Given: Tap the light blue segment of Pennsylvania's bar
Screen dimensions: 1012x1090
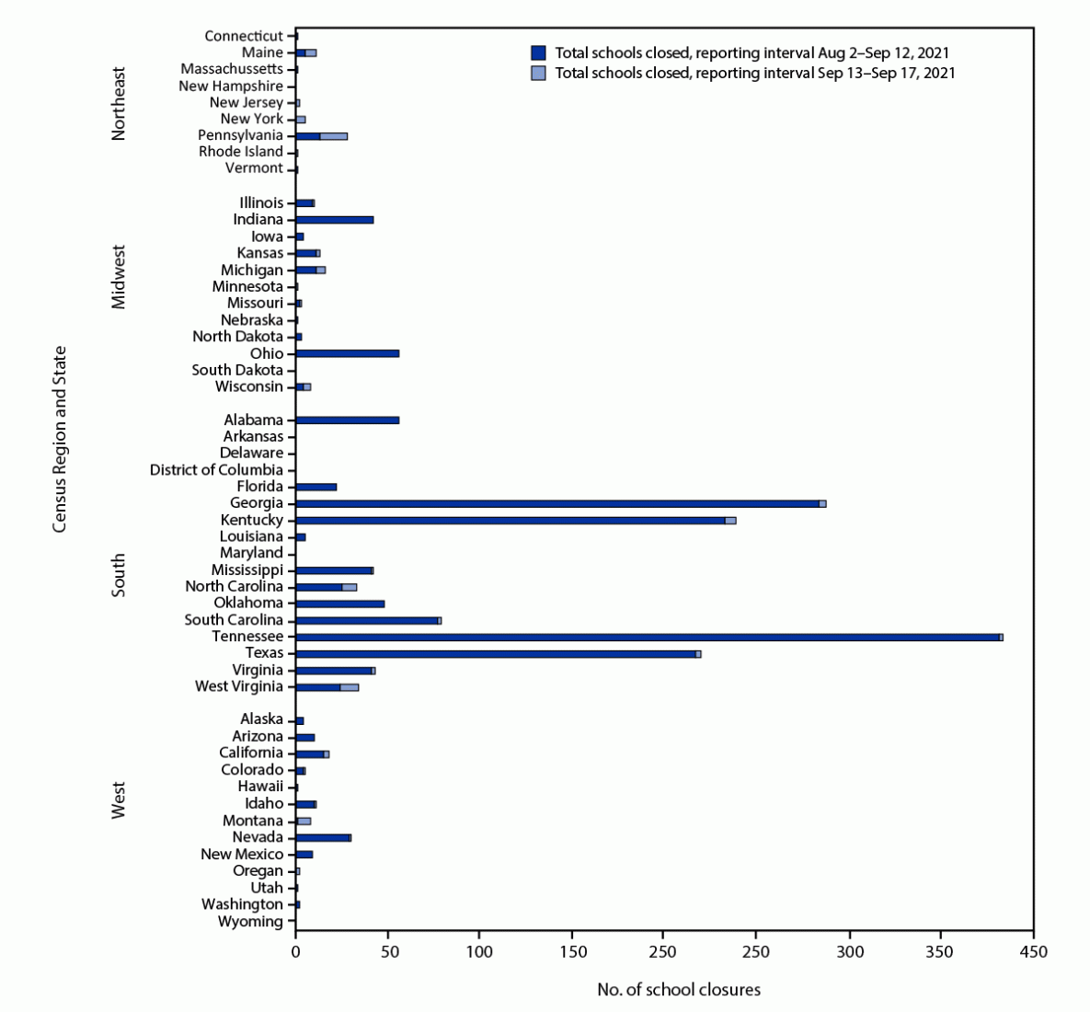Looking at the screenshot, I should pyautogui.click(x=334, y=135).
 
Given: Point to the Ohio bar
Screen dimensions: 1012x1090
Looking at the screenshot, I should pyautogui.click(x=347, y=353).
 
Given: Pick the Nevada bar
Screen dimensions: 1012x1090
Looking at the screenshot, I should pyautogui.click(x=322, y=837).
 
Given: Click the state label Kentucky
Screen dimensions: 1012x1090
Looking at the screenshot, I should pyautogui.click(x=252, y=520).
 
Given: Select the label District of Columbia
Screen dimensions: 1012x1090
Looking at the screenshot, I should pyautogui.click(x=216, y=470).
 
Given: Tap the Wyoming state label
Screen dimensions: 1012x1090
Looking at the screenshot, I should pyautogui.click(x=250, y=921).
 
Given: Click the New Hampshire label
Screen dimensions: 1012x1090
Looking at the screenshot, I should pyautogui.click(x=231, y=86).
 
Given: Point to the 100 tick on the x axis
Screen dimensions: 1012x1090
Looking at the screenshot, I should pyautogui.click(x=479, y=949).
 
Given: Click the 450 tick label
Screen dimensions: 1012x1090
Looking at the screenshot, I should pyautogui.click(x=1033, y=949).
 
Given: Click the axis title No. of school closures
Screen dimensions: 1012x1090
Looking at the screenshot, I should pyautogui.click(x=679, y=990).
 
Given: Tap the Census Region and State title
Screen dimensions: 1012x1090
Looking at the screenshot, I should pyautogui.click(x=60, y=439).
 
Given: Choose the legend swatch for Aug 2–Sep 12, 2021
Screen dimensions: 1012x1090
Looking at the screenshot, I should pyautogui.click(x=539, y=53).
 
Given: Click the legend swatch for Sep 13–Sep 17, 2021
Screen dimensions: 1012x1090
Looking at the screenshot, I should pyautogui.click(x=539, y=73).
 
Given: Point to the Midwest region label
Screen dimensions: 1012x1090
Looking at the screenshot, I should pyautogui.click(x=119, y=276).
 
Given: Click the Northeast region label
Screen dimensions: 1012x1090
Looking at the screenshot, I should pyautogui.click(x=119, y=103).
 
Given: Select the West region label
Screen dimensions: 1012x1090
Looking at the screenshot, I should pyautogui.click(x=119, y=800).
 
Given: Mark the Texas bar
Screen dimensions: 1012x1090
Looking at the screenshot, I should pyautogui.click(x=497, y=653).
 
